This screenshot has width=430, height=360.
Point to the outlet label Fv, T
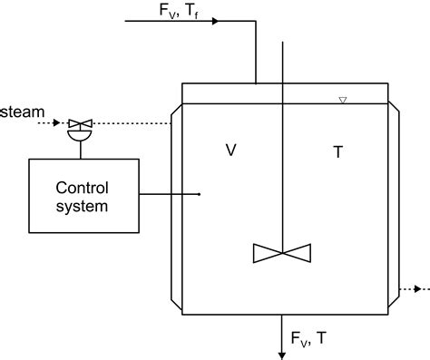click(309, 338)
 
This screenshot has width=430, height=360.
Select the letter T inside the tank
click(337, 152)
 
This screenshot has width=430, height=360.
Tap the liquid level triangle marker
click(342, 100)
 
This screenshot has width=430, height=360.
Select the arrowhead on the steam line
click(57, 122)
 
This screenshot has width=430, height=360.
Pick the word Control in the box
click(82, 189)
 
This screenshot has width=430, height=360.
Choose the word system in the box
click(82, 206)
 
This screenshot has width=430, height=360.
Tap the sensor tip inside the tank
click(199, 194)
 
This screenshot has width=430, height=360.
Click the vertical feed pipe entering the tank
click(256, 54)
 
